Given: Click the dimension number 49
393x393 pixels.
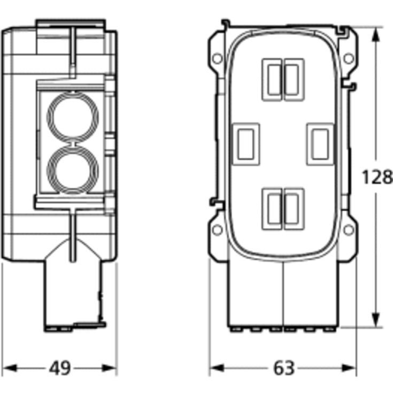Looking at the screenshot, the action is tap(60, 368).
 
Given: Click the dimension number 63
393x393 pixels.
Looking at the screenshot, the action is tap(283, 368).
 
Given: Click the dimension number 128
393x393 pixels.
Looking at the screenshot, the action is tap(377, 177).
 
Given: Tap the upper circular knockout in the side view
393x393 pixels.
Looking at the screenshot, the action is tap(73, 118).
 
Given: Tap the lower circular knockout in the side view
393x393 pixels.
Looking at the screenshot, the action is tap(73, 171).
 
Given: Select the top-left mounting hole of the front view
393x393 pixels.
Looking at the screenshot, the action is tap(217, 58).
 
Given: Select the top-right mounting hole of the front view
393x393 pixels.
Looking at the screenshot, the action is tap(349, 58).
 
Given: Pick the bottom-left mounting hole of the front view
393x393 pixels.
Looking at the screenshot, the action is tap(217, 230).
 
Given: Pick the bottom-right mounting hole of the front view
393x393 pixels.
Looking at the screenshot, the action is tap(349, 230).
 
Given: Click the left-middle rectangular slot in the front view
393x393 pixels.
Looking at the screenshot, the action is tap(246, 144).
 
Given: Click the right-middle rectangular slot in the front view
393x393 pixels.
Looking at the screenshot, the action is tap(320, 144).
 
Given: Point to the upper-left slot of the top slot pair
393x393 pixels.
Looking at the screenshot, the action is tap(273, 80).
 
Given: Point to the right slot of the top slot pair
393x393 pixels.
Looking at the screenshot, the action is tap(294, 80).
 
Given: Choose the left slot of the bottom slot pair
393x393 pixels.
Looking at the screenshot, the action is tap(273, 209).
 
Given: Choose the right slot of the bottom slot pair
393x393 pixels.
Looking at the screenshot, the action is tap(294, 209).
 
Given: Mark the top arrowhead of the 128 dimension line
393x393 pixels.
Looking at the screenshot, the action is tap(376, 34).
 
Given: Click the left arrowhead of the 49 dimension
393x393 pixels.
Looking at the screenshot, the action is tap(9, 368).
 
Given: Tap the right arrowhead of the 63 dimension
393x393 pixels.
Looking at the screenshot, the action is tap(349, 368).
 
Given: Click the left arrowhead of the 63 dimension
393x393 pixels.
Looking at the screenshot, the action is tap(217, 368).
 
